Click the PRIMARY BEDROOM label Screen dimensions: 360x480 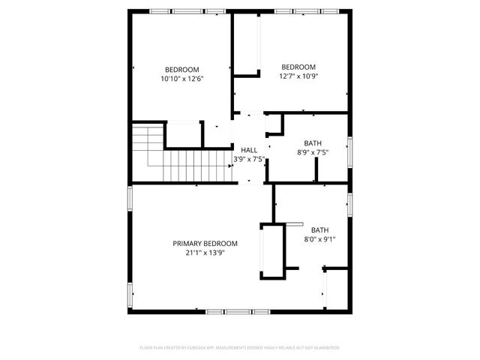click(x=205, y=244)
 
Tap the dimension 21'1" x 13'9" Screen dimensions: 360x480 click(x=205, y=253)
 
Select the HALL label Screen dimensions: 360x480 click(x=249, y=150)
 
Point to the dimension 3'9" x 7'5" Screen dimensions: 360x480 click(x=249, y=159)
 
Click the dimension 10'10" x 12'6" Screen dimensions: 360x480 click(x=182, y=78)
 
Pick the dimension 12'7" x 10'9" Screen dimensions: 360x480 click(x=298, y=75)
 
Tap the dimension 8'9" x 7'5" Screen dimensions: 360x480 click(x=313, y=152)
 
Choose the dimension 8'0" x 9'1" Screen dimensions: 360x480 click(x=320, y=239)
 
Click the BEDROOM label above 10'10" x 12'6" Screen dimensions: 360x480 click(x=182, y=69)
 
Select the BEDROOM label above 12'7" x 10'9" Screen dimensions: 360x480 click(x=298, y=66)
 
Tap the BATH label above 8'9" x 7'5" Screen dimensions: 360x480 click(x=313, y=143)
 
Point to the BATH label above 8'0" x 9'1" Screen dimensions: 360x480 click(x=320, y=230)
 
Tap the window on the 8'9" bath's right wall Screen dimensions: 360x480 click(x=349, y=148)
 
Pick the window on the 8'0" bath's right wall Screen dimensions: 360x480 click(x=349, y=204)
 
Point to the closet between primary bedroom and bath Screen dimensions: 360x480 click(x=271, y=251)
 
